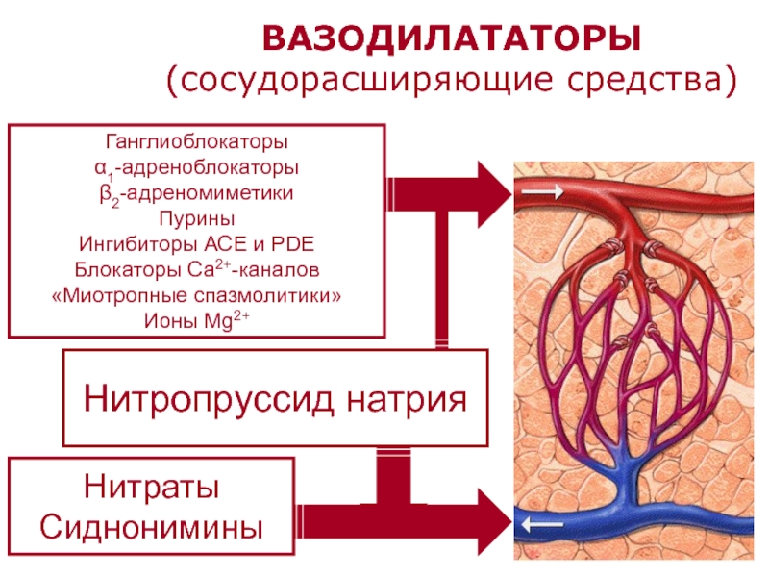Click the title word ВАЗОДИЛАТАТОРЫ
point(452,38)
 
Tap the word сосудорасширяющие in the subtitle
point(366,80)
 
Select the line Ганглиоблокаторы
point(197,141)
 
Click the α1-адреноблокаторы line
point(197,168)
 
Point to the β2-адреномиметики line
point(197,194)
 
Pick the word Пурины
point(197,218)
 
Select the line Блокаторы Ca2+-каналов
point(197,269)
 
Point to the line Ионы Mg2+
point(197,320)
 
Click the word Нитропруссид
point(209,399)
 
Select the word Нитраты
point(152,487)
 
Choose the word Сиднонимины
point(152,528)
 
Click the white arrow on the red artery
point(542,190)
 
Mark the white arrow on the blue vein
point(542,525)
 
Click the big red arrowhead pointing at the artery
point(494,194)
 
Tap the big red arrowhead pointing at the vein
point(494,522)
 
